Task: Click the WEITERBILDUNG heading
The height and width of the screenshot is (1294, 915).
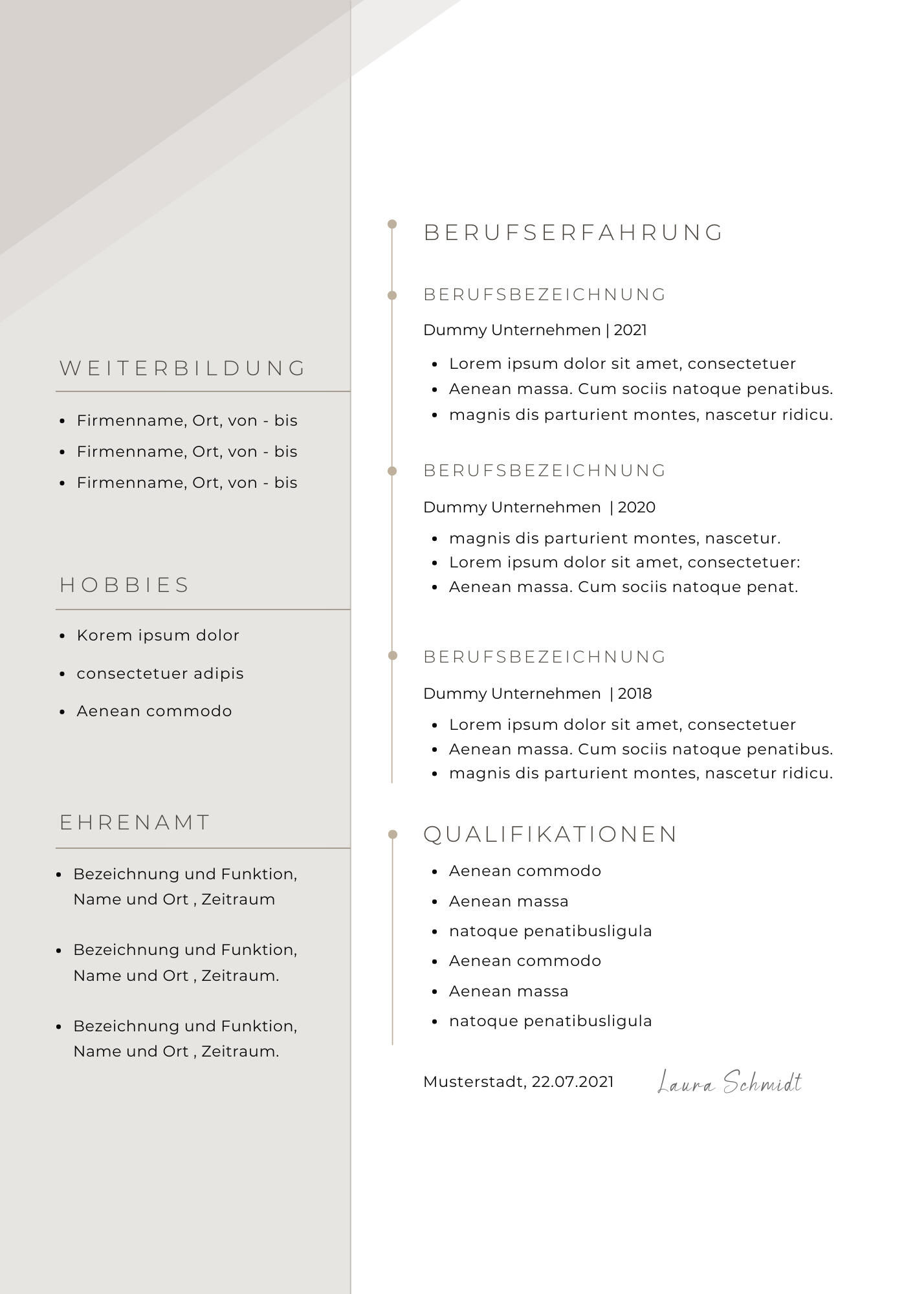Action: point(182,368)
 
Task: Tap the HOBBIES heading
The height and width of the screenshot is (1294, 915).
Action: point(125,585)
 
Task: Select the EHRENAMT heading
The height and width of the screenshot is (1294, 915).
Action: point(135,822)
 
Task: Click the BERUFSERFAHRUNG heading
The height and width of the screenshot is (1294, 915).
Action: point(573,233)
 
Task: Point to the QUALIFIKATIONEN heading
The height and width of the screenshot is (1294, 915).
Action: point(550,834)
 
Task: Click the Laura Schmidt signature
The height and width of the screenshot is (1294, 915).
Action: point(729,1082)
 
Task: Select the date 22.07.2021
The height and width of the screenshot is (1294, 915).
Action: point(573,1082)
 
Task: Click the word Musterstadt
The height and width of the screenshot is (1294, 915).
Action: point(474,1082)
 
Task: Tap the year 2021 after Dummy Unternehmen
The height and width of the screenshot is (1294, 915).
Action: point(630,330)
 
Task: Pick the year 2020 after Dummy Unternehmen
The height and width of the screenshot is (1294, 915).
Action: point(637,507)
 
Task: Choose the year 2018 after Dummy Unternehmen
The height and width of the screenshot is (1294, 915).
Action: point(635,694)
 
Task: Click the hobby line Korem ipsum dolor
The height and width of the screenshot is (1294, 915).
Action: point(158,635)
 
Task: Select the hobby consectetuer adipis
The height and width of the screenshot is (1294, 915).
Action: point(160,674)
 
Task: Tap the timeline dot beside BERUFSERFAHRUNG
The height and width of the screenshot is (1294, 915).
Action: point(392,224)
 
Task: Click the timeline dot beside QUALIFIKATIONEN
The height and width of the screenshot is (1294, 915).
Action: point(392,834)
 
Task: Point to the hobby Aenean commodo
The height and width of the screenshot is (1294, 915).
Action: point(154,711)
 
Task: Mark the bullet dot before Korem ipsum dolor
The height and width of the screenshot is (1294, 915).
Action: point(62,636)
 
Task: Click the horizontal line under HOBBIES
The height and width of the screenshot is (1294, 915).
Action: point(203,609)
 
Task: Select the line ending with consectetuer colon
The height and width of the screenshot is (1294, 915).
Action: point(624,562)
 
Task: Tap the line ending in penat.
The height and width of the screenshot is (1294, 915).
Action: point(623,587)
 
